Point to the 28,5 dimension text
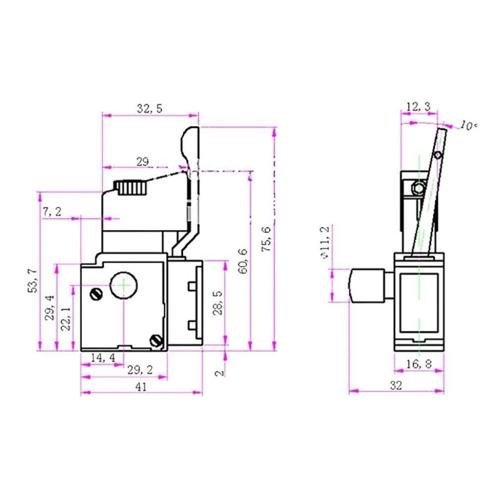pos(218,303)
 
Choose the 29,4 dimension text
pos(49,308)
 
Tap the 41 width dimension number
pos(141,388)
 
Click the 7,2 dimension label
pos(52,212)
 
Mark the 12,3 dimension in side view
pos(418,106)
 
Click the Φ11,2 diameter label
pos(325,242)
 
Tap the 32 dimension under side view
pos(396,386)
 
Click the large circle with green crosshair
pos(123,285)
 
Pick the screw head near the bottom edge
pos(156,341)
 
